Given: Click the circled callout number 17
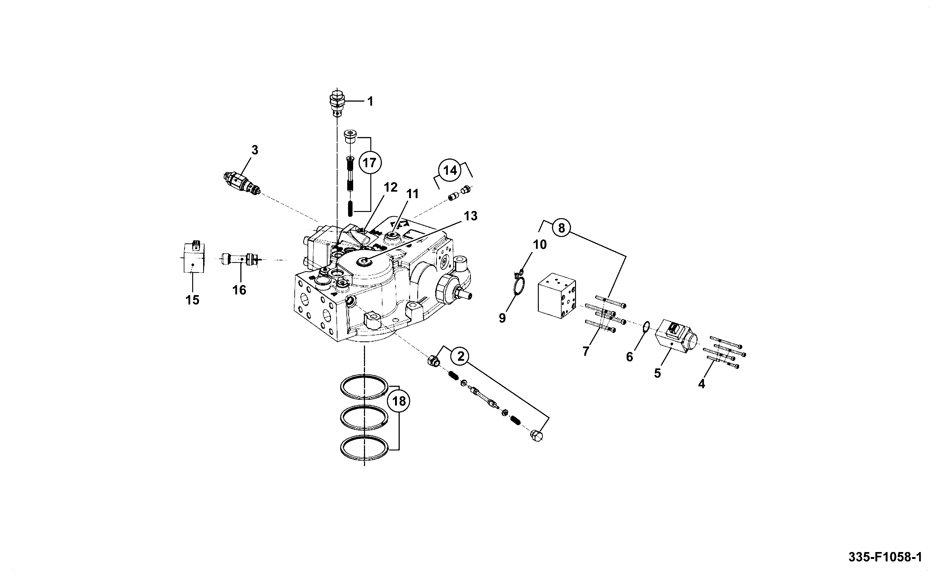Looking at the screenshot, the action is [x=369, y=163].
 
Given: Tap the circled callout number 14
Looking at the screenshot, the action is [x=450, y=170].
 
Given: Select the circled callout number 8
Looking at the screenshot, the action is [x=561, y=228].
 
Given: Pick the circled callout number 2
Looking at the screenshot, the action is [x=461, y=356].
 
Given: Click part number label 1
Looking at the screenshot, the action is [x=370, y=101].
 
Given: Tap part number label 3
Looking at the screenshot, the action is [x=255, y=150].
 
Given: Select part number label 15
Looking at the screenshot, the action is [x=193, y=300].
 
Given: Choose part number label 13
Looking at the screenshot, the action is [x=471, y=216].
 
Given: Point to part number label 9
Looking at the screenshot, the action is [x=502, y=318].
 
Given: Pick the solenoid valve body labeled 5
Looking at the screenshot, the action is [x=675, y=336].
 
